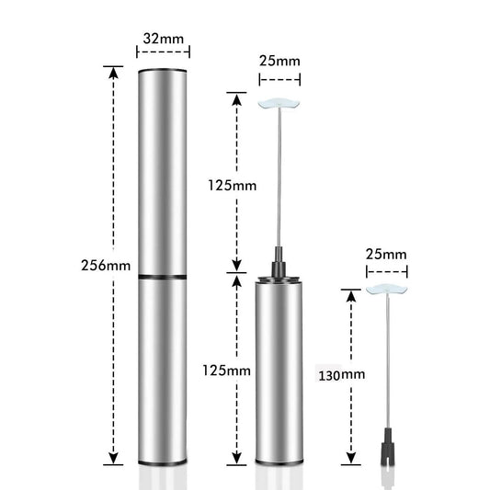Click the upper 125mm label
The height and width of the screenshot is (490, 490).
coord(231,185)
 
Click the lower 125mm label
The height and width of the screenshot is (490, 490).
coord(226,370)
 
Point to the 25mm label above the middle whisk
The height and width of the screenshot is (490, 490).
coord(279,60)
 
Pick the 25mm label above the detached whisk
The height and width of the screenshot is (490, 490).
coord(386,253)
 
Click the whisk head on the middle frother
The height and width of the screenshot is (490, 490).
coord(279,105)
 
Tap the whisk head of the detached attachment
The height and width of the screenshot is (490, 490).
coord(386,290)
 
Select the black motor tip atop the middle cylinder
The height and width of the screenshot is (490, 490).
coord(279,264)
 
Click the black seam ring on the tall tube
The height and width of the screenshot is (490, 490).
coord(162,276)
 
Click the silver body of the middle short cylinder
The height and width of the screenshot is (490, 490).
coord(279,368)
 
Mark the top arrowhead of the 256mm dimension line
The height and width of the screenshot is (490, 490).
coord(113,70)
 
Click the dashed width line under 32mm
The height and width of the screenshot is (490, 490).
coord(162,54)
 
